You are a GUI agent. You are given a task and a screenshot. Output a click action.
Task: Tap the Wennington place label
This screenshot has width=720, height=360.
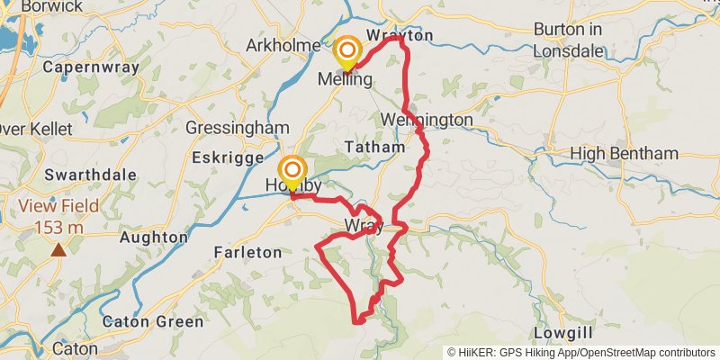coord(427,120)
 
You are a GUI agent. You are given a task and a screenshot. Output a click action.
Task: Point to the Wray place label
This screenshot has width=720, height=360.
coord(364,225)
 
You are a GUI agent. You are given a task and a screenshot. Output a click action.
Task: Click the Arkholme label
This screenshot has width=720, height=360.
coord(283,45)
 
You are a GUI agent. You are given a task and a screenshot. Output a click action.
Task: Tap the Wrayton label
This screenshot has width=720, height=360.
coord(400,35)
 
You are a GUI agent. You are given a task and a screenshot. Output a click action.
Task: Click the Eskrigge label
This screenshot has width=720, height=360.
coord(225,157)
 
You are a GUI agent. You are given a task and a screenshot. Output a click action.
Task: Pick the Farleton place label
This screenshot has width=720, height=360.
coord(247,253)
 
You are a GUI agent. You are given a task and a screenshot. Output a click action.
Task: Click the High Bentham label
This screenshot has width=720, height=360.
coord(625,154)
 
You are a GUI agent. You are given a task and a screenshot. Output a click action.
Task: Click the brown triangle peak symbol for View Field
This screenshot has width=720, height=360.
coord(58,249)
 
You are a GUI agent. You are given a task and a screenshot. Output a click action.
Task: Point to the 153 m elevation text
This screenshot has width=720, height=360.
coord(59,227)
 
